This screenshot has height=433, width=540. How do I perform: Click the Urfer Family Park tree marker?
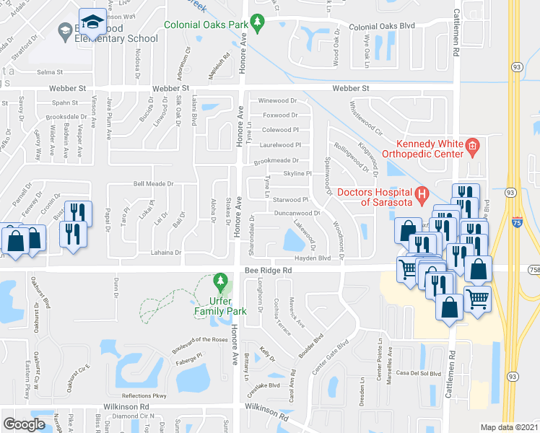click(220, 280)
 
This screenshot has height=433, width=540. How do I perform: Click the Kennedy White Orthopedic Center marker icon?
click(472, 147)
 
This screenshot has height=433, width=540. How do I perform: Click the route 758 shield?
click(534, 269)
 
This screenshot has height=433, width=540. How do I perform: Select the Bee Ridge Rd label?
click(268, 270)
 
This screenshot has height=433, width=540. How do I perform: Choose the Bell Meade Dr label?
click(153, 183)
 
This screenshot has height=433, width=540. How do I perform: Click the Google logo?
click(24, 424)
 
